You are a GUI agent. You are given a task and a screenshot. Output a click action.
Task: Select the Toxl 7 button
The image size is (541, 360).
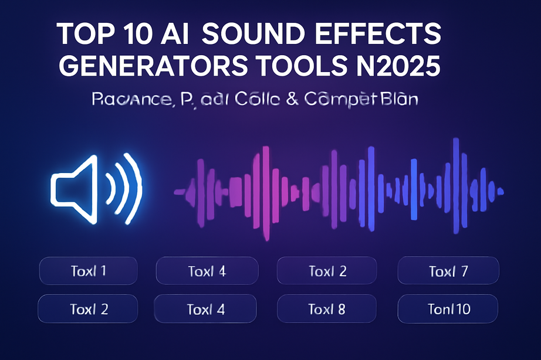pos(448,271)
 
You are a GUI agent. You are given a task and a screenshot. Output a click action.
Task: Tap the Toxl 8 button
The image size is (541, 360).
pos(327,308)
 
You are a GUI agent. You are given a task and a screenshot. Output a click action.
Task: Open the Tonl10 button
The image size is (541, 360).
pos(448,308)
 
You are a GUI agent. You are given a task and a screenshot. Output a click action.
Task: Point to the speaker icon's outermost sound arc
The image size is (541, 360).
pos(137,186)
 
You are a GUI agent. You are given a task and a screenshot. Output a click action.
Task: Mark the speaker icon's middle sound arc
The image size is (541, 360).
pos(123,186)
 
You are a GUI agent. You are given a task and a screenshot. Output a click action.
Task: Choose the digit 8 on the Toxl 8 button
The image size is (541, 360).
pos(341,308)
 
